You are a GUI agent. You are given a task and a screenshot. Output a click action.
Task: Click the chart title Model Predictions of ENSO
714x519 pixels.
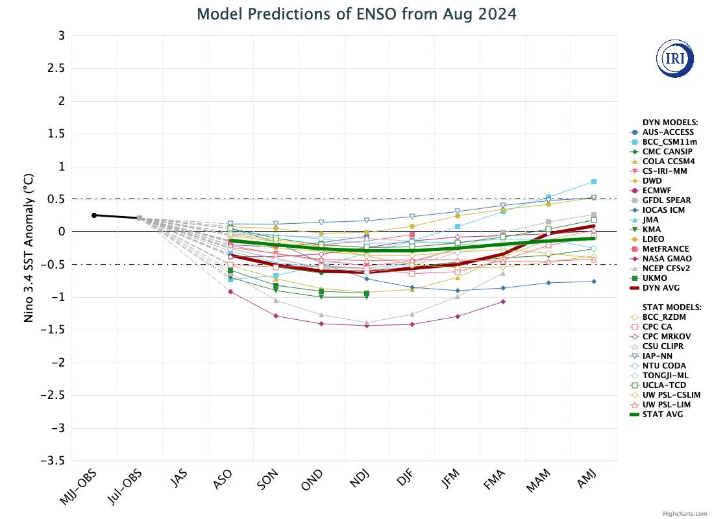(357, 14)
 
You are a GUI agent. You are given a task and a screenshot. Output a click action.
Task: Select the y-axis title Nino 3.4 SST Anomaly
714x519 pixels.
(27, 248)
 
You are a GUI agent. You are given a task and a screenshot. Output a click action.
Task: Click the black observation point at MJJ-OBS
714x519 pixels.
(94, 215)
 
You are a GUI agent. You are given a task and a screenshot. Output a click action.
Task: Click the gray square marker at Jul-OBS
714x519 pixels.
(140, 218)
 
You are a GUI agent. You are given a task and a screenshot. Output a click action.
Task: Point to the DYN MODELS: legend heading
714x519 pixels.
(670, 122)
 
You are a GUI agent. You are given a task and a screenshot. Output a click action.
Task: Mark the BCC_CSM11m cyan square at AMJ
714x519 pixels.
(594, 181)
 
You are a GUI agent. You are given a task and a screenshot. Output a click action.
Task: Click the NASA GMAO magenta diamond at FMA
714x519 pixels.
(503, 302)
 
